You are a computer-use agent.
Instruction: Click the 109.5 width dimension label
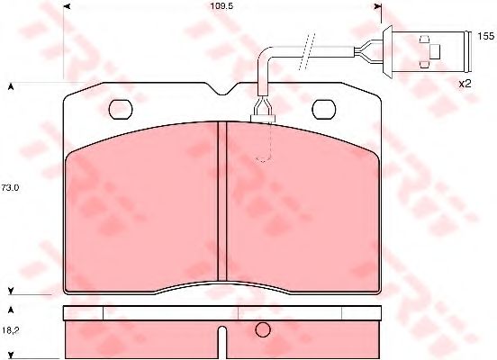221,5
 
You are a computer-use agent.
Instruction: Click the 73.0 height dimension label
10,187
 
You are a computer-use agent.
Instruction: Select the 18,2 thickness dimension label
11,330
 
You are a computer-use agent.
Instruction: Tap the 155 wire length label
486,36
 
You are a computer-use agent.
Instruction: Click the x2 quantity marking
465,84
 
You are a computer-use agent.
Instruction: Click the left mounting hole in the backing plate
121,109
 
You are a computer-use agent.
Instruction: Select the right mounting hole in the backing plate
323,109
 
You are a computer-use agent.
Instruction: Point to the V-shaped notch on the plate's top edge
223,89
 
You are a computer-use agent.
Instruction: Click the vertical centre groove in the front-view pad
222,202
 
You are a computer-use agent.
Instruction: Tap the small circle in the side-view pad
263,330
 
